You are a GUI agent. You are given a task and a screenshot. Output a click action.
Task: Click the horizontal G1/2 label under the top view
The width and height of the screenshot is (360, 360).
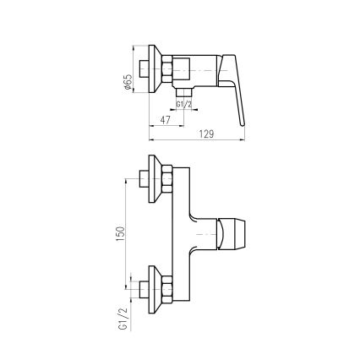[x=183, y=104]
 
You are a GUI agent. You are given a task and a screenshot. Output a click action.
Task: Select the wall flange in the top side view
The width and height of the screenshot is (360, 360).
[x=155, y=73]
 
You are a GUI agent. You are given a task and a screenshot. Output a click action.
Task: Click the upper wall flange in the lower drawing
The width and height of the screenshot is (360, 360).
[x=155, y=179]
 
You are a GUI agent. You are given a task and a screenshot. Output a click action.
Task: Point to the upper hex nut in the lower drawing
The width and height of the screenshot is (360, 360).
[x=166, y=179]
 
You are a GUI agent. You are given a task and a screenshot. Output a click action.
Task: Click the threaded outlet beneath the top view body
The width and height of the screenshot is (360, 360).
[x=184, y=90]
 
